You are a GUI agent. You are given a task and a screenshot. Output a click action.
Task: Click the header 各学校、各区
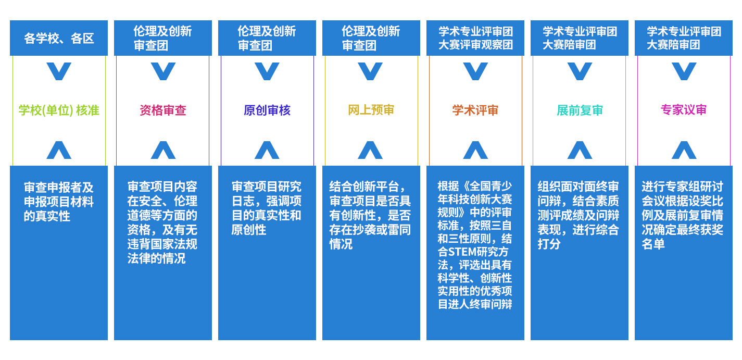coord(59,38)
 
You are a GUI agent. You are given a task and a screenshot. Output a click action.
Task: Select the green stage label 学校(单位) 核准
coord(59,110)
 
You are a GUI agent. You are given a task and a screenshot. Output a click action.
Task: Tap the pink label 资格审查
coord(163,110)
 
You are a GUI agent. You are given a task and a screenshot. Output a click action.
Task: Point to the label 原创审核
coord(267,110)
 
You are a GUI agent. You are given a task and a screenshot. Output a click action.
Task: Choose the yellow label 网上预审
coord(371,110)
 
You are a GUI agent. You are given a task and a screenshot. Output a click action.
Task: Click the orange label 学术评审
coord(475,110)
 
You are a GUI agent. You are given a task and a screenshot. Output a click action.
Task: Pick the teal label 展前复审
coord(580,110)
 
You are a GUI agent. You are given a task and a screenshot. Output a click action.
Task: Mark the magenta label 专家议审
coord(684,110)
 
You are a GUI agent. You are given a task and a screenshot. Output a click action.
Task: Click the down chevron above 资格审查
coord(163,71)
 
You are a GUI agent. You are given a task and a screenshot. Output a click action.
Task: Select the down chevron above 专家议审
coord(684,71)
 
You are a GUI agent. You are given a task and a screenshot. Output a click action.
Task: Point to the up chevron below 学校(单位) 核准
coord(59,150)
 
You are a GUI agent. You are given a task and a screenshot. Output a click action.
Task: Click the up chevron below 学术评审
coord(475,150)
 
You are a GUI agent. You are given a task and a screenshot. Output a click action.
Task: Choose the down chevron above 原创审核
coord(267,71)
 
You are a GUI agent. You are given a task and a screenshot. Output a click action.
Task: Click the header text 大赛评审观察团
coord(475,45)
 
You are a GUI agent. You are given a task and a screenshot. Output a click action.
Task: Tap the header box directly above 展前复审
coord(580,38)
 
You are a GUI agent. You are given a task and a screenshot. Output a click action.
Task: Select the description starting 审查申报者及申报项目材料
coord(59,201)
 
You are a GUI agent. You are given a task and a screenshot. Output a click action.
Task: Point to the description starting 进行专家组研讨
coord(683,215)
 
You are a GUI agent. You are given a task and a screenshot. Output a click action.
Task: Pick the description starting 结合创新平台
coord(370,215)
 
